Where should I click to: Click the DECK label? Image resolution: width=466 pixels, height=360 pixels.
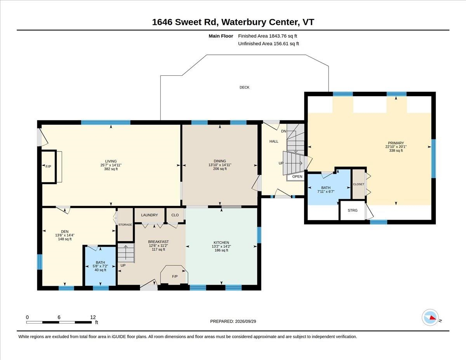tap(244, 87)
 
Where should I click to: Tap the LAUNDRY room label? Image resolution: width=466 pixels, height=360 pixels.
tap(149, 215)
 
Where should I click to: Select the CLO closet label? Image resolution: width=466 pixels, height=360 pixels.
tap(175, 215)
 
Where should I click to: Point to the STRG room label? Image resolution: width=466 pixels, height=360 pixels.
tap(353, 210)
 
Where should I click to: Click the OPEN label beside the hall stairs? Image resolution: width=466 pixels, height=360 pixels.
tap(297, 176)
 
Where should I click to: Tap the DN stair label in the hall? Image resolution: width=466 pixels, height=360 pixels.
tap(284, 131)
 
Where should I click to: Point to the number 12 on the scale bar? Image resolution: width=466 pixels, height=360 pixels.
tap(93, 317)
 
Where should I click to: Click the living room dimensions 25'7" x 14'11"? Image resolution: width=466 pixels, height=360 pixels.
tap(111, 165)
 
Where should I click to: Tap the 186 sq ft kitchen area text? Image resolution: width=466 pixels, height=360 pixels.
tap(221, 250)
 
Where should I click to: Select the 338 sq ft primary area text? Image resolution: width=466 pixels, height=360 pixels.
tap(396, 151)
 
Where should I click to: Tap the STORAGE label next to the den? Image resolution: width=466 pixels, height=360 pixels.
tap(125, 225)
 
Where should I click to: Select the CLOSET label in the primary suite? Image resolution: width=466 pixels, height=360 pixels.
tap(358, 184)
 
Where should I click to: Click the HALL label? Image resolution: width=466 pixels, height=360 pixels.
tap(274, 141)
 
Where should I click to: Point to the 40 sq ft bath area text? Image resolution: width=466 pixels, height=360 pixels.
tap(100, 270)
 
